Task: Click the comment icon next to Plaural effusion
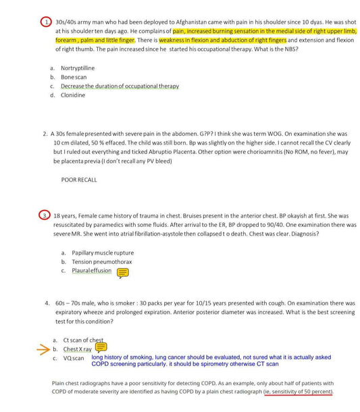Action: [x=123, y=272]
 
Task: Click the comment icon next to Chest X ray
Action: [x=101, y=347]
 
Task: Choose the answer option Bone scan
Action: [x=74, y=77]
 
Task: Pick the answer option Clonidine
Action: [x=73, y=95]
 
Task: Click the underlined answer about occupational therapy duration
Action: [x=120, y=86]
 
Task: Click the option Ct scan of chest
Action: [x=83, y=340]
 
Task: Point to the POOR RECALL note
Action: [x=78, y=180]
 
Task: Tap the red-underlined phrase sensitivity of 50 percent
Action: [x=302, y=391]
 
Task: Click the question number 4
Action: [x=47, y=303]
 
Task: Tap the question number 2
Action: [x=45, y=134]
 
